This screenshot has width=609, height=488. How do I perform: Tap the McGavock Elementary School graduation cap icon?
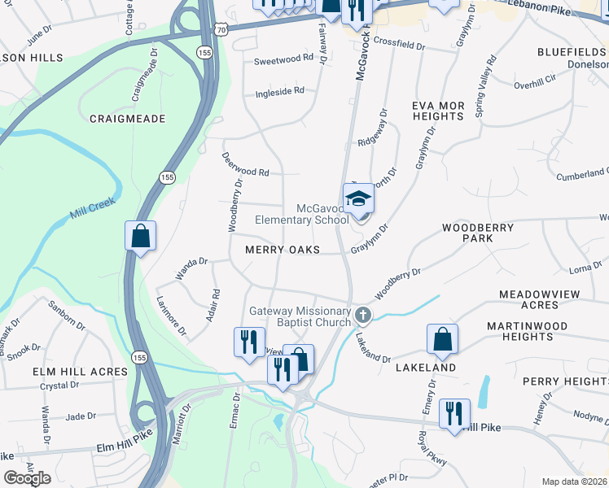[x=358, y=198]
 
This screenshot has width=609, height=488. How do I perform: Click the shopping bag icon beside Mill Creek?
[x=140, y=236]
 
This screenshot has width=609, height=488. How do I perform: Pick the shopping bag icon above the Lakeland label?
[x=442, y=339]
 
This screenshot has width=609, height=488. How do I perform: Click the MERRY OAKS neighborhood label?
[x=283, y=251]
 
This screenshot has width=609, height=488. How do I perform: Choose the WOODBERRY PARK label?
[x=478, y=233]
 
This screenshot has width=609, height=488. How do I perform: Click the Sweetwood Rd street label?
[x=283, y=59]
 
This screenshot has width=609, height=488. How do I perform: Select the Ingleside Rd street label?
[x=279, y=90]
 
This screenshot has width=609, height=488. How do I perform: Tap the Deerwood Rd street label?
[x=246, y=172]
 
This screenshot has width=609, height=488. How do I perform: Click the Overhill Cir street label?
[x=534, y=84]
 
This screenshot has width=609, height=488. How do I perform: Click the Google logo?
[x=27, y=478]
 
